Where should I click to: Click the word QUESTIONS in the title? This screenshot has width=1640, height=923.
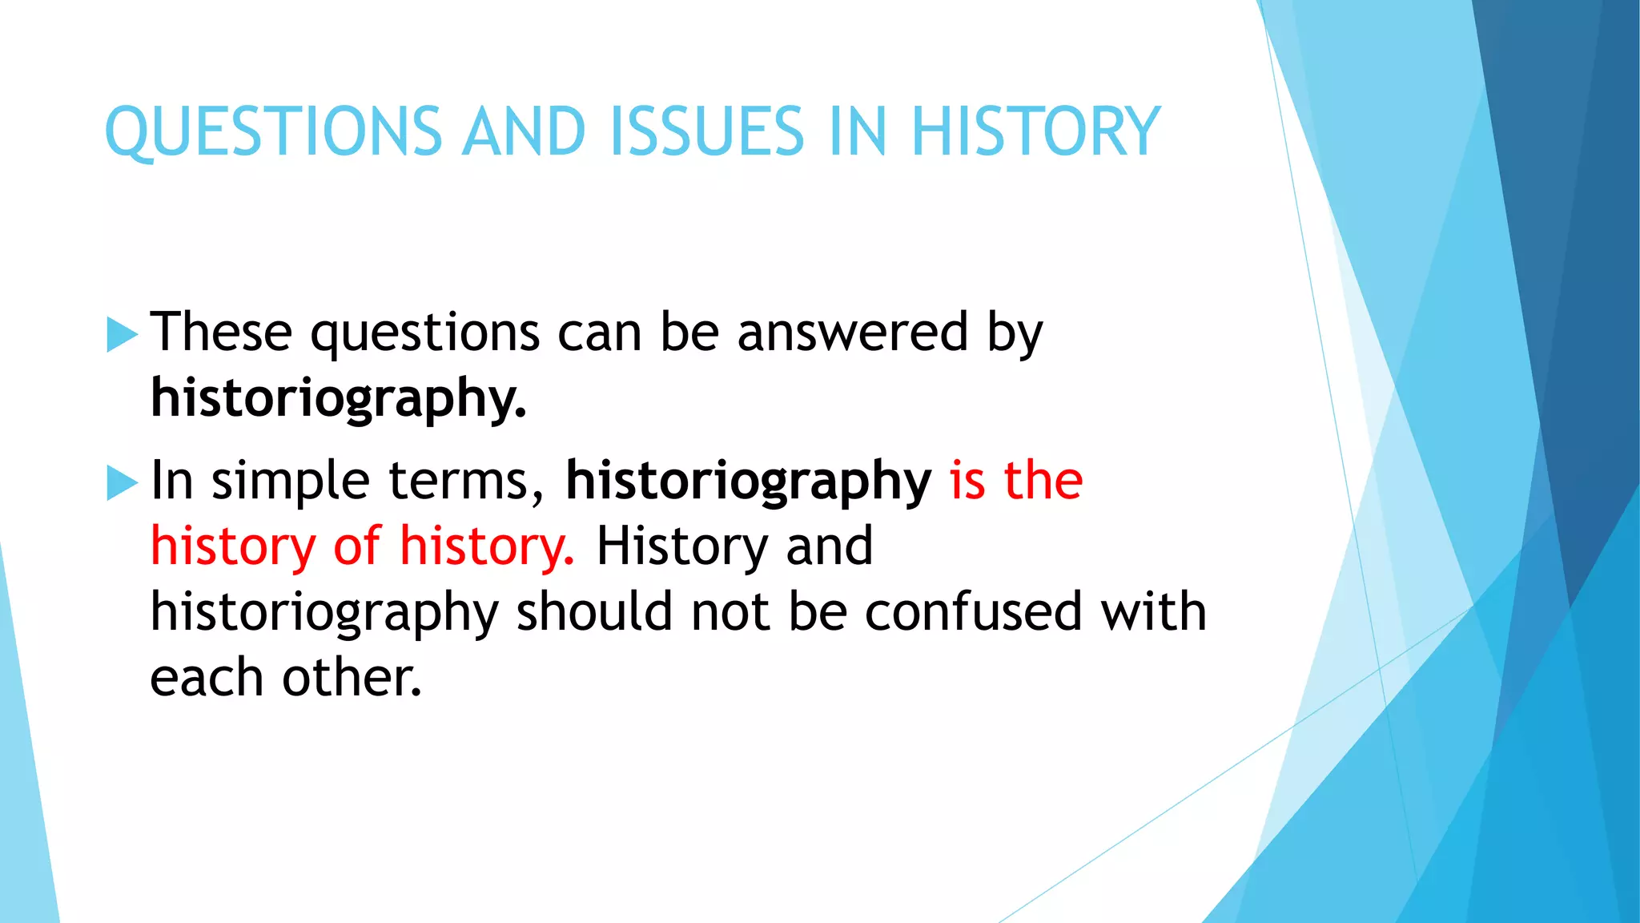click(x=273, y=132)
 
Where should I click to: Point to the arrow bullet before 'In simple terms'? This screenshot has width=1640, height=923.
click(x=122, y=482)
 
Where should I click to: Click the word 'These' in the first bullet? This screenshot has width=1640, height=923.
click(x=221, y=333)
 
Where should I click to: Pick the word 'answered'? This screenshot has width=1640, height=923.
click(x=852, y=333)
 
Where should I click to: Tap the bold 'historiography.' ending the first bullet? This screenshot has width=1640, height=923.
click(x=339, y=399)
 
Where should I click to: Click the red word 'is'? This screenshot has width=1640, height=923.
click(x=967, y=481)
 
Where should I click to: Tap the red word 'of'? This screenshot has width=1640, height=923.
click(x=356, y=546)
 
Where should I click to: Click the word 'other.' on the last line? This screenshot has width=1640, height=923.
click(x=352, y=678)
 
